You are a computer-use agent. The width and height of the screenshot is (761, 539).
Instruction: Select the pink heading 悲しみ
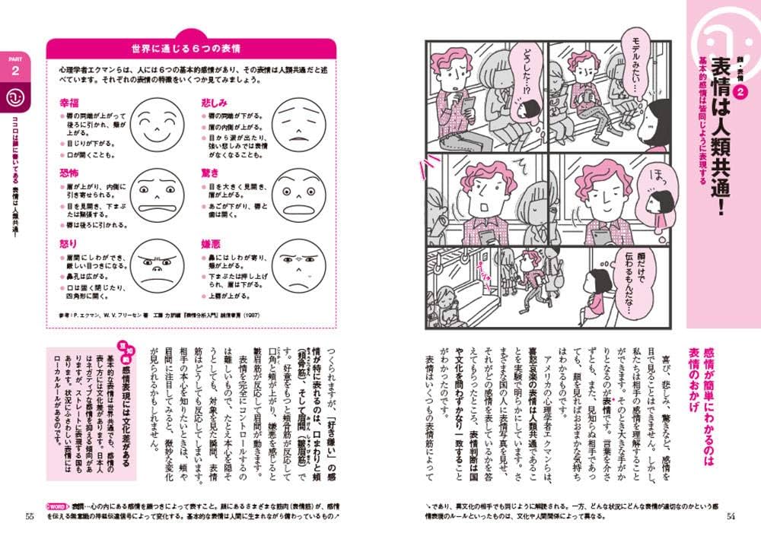(215, 101)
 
